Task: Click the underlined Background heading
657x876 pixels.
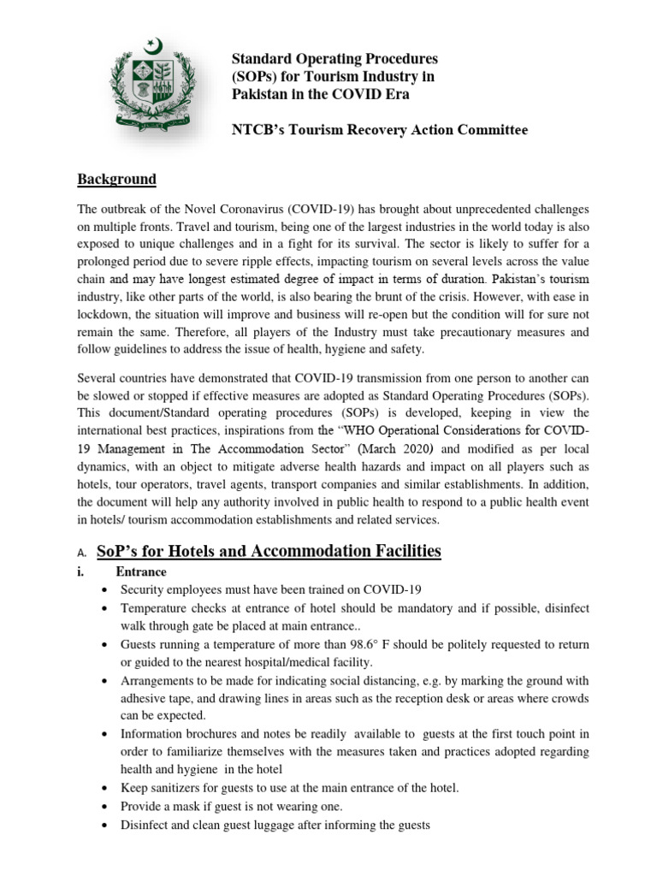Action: (x=117, y=180)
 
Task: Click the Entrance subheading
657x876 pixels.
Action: (x=141, y=571)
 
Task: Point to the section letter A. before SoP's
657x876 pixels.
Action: (x=82, y=553)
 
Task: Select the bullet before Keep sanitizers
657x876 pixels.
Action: (x=104, y=788)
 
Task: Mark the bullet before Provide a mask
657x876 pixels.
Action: (x=104, y=807)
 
